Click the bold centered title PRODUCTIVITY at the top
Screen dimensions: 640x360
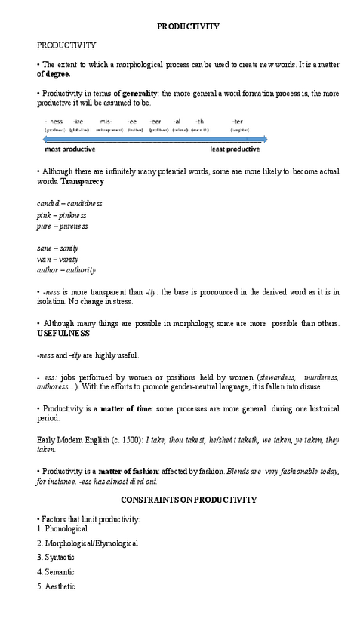(x=188, y=26)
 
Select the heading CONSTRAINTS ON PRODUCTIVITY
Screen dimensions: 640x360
(x=189, y=500)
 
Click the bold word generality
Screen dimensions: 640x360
(x=139, y=94)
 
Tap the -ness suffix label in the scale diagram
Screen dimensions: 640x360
(x=54, y=121)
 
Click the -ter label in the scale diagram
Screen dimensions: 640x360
(x=238, y=121)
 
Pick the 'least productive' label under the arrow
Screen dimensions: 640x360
(x=235, y=149)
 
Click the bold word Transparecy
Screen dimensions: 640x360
(x=82, y=182)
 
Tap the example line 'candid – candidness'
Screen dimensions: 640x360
(x=69, y=203)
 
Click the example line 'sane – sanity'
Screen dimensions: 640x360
(x=58, y=248)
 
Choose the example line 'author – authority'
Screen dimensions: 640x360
(x=66, y=269)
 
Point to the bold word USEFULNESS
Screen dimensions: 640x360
(x=63, y=333)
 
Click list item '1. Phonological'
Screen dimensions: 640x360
(x=62, y=529)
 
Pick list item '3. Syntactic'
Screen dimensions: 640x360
(x=55, y=558)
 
